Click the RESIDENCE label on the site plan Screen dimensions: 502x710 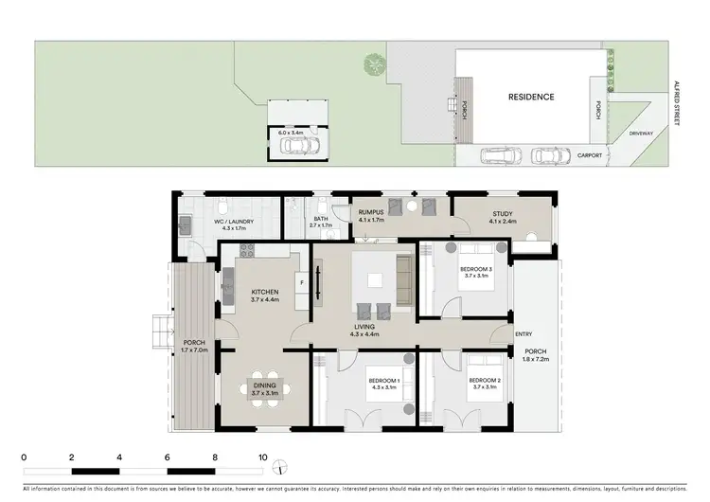[531, 97]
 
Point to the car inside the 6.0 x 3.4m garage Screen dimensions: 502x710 [295, 147]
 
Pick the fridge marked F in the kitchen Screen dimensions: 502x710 [301, 281]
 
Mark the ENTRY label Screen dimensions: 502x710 [524, 334]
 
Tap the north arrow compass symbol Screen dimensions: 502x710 [280, 468]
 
